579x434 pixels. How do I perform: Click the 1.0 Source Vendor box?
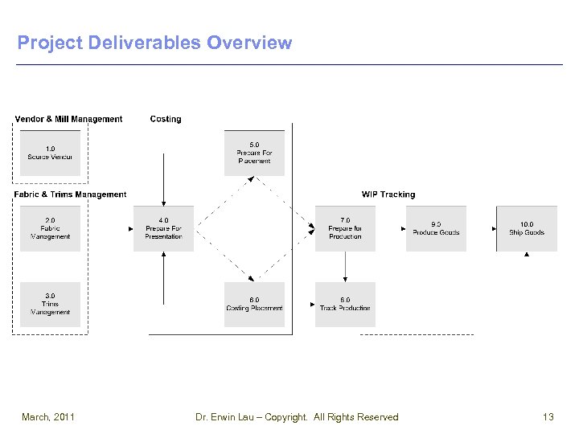pyautogui.click(x=50, y=153)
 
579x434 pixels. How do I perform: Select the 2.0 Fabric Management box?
pyautogui.click(x=50, y=228)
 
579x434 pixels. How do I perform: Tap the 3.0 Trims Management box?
pyautogui.click(x=50, y=304)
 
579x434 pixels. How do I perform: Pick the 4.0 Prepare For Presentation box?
pyautogui.click(x=163, y=228)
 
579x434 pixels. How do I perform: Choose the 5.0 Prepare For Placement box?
pyautogui.click(x=254, y=153)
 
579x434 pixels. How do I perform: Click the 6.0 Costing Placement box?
pyautogui.click(x=254, y=304)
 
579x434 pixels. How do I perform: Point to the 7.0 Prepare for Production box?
pyautogui.click(x=345, y=228)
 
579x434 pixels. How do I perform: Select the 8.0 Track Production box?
pyautogui.click(x=345, y=304)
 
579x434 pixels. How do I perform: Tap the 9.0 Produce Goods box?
pyautogui.click(x=436, y=228)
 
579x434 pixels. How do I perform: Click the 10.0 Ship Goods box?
pyautogui.click(x=527, y=228)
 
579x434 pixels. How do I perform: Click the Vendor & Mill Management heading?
pyautogui.click(x=69, y=119)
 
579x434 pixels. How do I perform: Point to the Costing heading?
pyautogui.click(x=166, y=119)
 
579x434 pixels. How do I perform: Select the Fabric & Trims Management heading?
pyautogui.click(x=71, y=194)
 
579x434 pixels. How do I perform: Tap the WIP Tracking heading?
pyautogui.click(x=388, y=194)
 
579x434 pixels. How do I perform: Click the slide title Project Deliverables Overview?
pyautogui.click(x=154, y=43)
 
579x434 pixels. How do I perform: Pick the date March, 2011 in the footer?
pyautogui.click(x=48, y=416)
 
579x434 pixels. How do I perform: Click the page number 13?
pyautogui.click(x=548, y=416)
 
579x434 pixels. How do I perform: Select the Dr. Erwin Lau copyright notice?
pyautogui.click(x=297, y=416)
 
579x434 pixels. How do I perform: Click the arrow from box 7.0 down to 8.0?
pyautogui.click(x=345, y=266)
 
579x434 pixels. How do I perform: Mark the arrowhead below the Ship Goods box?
pyautogui.click(x=527, y=255)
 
